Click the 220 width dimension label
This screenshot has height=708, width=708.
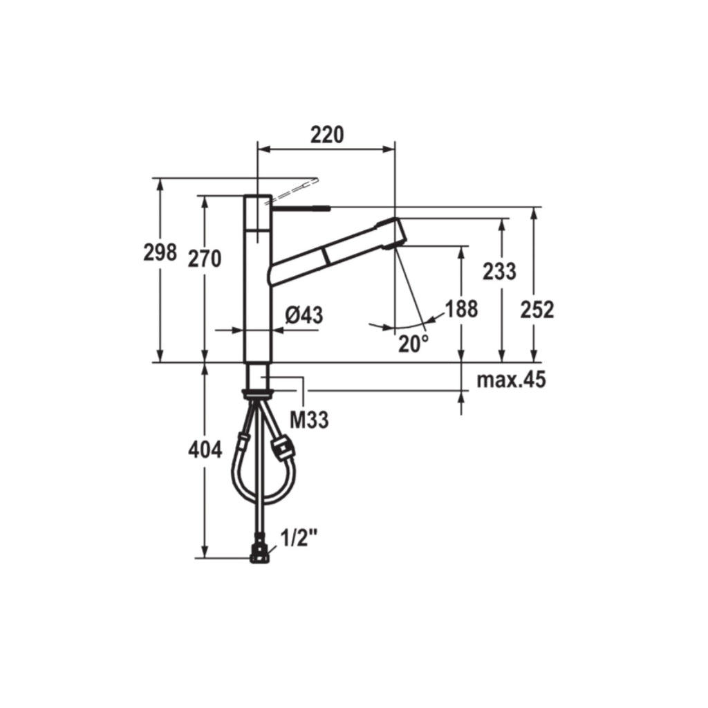coord(326,135)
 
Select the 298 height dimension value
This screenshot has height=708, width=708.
coord(160,253)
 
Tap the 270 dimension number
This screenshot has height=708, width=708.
coord(205,259)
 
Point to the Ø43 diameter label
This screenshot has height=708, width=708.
coord(304,315)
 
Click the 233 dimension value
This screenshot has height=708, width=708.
coord(499,272)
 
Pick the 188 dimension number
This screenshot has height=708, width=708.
coord(461,309)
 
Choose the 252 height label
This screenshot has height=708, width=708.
coord(537,310)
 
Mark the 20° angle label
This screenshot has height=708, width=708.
coord(413,344)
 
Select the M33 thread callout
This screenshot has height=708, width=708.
coord(308,419)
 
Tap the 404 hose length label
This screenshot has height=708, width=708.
coord(205,450)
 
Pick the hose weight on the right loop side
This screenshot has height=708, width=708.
coord(283,447)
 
